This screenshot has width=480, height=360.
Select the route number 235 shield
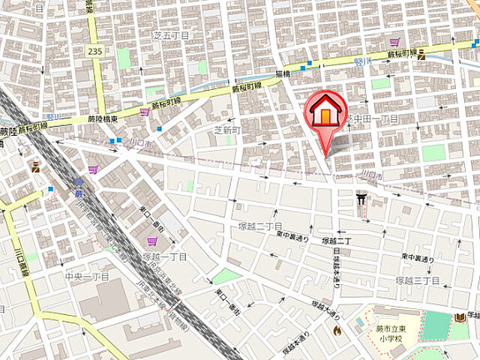click(94, 51)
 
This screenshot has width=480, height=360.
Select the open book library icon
click(460, 318)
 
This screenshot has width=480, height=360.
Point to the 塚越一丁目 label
click(164, 256)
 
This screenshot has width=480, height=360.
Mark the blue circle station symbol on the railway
click(79, 181)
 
